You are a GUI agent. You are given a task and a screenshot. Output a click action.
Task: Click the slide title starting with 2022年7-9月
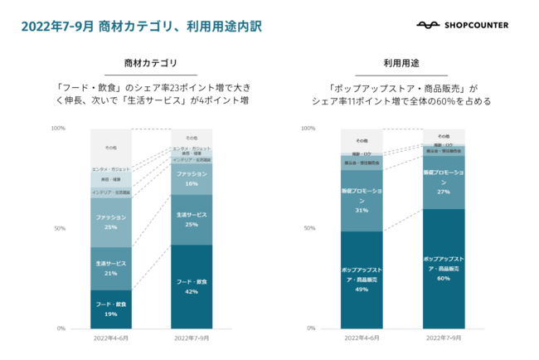(140, 26)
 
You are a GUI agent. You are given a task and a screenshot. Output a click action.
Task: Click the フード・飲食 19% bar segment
(111, 309)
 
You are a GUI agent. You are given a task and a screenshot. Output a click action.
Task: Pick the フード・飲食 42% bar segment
(192, 287)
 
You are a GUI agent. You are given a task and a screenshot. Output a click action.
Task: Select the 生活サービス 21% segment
(111, 268)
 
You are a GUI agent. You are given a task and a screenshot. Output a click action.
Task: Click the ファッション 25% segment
(111, 221)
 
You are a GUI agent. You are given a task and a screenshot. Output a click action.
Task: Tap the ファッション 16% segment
(192, 178)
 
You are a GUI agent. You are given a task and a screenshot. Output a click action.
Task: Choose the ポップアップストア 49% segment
(362, 280)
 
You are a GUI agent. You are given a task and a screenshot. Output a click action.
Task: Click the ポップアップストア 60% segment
(444, 269)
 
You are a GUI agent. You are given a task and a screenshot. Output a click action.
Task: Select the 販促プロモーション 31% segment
(362, 200)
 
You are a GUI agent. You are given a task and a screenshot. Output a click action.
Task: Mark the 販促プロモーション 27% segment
(444, 182)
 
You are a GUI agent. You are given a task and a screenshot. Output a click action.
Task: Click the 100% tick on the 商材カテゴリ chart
(58, 129)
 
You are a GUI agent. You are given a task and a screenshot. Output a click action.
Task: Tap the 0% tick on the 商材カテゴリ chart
(61, 328)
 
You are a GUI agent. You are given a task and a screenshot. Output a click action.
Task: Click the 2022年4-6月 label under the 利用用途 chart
(362, 338)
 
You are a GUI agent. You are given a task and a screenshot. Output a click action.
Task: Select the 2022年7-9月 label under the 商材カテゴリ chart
(192, 338)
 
